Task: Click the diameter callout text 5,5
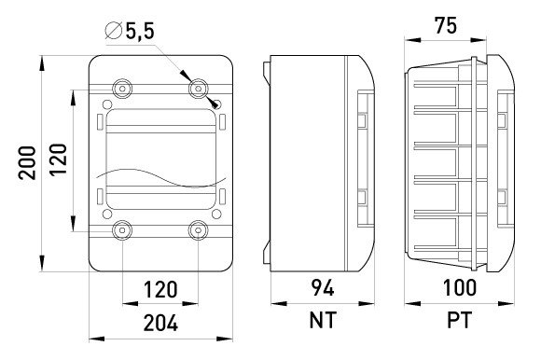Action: (140, 32)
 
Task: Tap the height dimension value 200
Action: (27, 163)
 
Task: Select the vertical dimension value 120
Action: (58, 159)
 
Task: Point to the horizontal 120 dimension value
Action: (160, 290)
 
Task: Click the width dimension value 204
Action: (160, 323)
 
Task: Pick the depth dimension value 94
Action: (323, 287)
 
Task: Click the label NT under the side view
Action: (323, 320)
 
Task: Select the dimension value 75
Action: (446, 25)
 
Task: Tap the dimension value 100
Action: (460, 287)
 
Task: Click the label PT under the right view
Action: (459, 320)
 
